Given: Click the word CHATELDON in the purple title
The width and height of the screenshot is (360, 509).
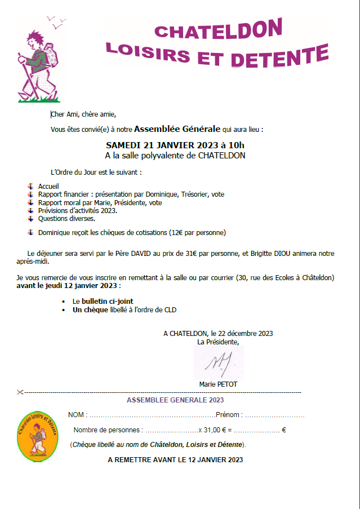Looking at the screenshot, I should [218, 31].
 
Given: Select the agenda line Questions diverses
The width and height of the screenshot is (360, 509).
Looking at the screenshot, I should [66, 218].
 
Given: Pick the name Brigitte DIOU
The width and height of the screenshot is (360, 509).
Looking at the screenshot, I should [281, 254].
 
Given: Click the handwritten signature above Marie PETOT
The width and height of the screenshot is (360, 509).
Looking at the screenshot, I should [219, 363].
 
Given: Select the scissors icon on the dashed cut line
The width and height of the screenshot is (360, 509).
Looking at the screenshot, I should [20, 392].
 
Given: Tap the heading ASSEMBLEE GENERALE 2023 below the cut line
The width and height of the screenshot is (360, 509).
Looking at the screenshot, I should [175, 400].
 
